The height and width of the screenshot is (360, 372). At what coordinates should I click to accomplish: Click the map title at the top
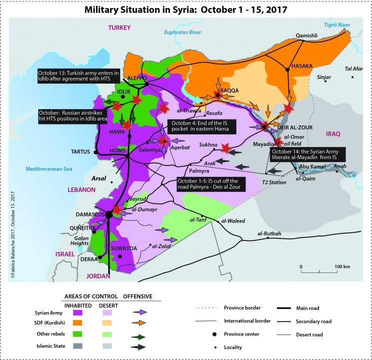click(186, 9)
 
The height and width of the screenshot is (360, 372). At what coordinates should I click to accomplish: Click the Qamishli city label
click(306, 35)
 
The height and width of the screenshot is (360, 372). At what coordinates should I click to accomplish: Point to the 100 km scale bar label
click(342, 266)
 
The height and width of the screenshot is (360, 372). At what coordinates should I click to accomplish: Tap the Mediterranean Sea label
click(42, 169)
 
